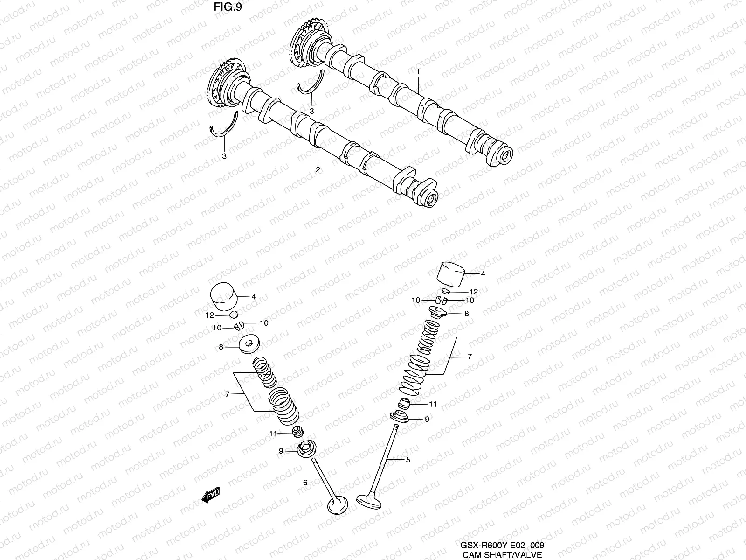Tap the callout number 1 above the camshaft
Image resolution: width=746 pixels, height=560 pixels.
(418, 72)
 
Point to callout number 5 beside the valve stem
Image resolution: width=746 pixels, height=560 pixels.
(408, 460)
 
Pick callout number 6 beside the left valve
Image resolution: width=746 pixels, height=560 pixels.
(305, 483)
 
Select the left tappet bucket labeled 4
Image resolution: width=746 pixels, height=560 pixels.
(224, 296)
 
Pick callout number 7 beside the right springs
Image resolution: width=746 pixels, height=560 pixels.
(470, 357)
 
